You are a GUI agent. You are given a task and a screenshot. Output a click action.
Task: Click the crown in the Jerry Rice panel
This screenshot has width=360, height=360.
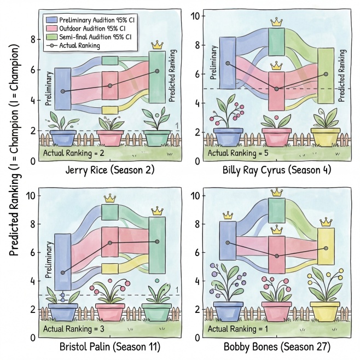[x=157, y=44]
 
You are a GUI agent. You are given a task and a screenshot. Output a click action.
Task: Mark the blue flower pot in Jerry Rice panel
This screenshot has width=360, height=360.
[x=63, y=138]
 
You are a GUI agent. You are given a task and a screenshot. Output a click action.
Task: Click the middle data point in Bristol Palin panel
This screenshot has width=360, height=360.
[x=110, y=243]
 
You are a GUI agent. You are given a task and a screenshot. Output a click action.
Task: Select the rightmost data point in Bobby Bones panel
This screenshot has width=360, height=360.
[x=326, y=248]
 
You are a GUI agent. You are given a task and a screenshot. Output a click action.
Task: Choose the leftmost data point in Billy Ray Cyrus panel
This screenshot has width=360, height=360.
[x=228, y=63]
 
